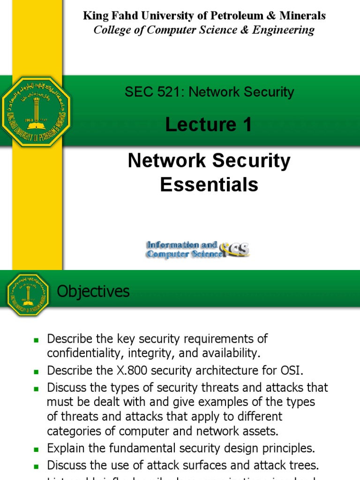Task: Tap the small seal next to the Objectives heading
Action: coord(28,294)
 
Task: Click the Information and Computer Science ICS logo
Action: coord(198,249)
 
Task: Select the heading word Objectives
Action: coord(93,292)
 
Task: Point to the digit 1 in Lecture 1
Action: coord(247,125)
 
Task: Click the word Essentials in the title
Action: coord(209,185)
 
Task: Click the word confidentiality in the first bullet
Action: coord(82,352)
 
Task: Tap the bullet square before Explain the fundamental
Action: coord(35,449)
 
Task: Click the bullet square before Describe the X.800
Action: coord(35,371)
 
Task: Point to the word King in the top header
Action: coord(94,15)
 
